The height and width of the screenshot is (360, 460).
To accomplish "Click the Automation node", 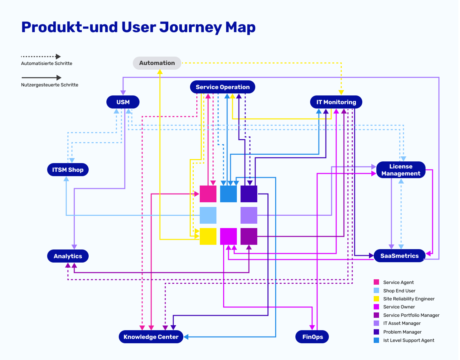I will coord(157,63).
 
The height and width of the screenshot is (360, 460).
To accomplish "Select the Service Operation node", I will coord(222,87).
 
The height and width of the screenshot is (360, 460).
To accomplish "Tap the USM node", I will coord(123,102).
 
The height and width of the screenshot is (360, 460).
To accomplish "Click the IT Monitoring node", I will coord(336,102).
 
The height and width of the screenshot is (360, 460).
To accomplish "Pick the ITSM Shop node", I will coord(68,170).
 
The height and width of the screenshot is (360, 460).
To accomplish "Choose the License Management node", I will coord(400,170).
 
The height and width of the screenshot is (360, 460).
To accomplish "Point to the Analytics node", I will coord(68,256).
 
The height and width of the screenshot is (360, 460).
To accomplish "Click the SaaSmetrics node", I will coord(399,256).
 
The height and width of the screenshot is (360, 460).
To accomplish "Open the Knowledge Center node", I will coord(151,337).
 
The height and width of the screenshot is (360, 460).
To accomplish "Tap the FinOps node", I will coord(312,337).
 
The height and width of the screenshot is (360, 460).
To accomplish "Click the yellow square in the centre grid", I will coord(208,236).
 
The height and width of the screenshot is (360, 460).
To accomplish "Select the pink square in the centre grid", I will coord(208,194).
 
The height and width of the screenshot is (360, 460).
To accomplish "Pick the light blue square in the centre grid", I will coord(208,215).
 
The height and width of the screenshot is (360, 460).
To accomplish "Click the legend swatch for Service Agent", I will coord(376,282).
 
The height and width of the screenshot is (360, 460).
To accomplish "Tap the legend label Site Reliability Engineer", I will coord(409,299).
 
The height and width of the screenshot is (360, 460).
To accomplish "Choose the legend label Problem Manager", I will coord(402,332).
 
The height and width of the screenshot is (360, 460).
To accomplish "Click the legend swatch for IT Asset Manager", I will coord(376,323).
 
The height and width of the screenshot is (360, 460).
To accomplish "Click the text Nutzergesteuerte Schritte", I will coord(50,85).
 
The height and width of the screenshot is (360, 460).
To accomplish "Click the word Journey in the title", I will coord(190,27).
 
